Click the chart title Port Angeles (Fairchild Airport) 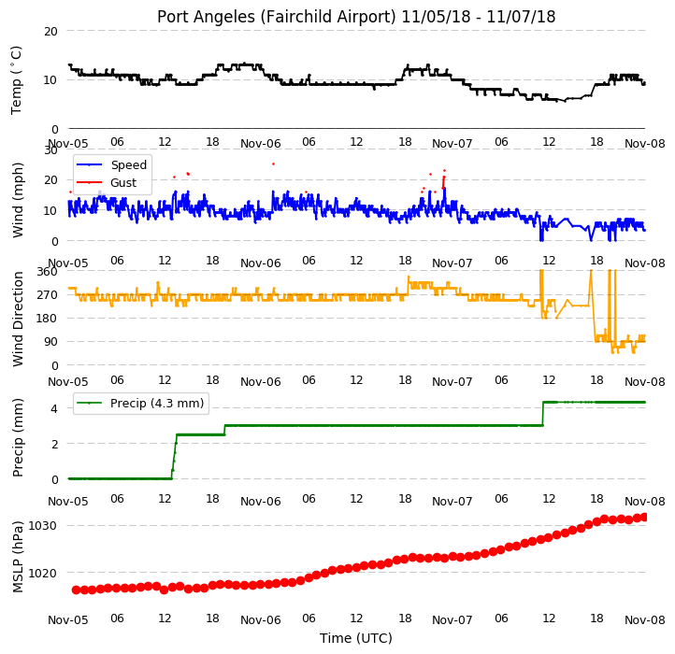pyautogui.click(x=276, y=17)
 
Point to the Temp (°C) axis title pyautogui.click(x=16, y=80)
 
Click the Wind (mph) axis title pyautogui.click(x=18, y=200)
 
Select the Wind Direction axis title pyautogui.click(x=18, y=320)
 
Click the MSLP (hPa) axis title pyautogui.click(x=18, y=557)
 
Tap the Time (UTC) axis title pyautogui.click(x=356, y=638)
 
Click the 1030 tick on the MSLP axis pyautogui.click(x=42, y=526)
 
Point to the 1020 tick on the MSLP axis pyautogui.click(x=42, y=574)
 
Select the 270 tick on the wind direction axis pyautogui.click(x=48, y=295)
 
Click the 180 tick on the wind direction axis pyautogui.click(x=48, y=319)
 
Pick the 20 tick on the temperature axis pyautogui.click(x=50, y=32)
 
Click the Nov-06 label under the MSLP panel pyautogui.click(x=261, y=620)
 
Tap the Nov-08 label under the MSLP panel pyautogui.click(x=645, y=620)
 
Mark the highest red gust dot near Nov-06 pyautogui.click(x=273, y=163)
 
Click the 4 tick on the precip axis pyautogui.click(x=54, y=409)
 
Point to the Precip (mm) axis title pyautogui.click(x=18, y=437)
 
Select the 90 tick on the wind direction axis pyautogui.click(x=50, y=342)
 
